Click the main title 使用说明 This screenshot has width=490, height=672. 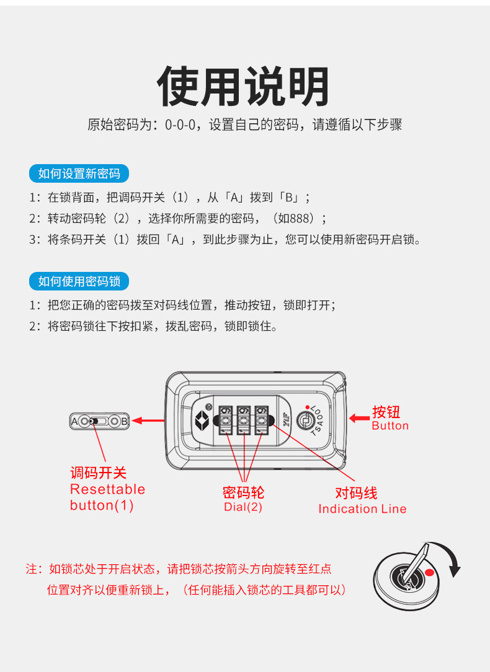click(243, 85)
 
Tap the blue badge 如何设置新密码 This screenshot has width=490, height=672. click(79, 173)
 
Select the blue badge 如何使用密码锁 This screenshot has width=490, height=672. click(79, 281)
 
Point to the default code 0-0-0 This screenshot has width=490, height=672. click(180, 124)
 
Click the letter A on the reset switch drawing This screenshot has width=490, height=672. click(74, 421)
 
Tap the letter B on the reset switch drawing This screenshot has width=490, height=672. click(125, 421)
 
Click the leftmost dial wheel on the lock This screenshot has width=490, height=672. click(226, 421)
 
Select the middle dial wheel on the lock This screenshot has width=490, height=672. click(244, 421)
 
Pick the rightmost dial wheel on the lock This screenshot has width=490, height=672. click(262, 421)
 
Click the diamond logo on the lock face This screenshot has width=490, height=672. click(202, 421)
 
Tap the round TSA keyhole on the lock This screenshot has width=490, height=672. click(306, 421)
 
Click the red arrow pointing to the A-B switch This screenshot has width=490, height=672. click(148, 421)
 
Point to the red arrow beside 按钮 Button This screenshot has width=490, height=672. click(360, 418)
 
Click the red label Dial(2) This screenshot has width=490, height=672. click(243, 507)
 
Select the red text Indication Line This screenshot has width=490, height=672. click(362, 508)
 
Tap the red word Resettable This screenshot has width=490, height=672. click(107, 489)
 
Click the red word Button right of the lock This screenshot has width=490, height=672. click(390, 425)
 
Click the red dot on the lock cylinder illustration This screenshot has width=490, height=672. click(429, 572)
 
